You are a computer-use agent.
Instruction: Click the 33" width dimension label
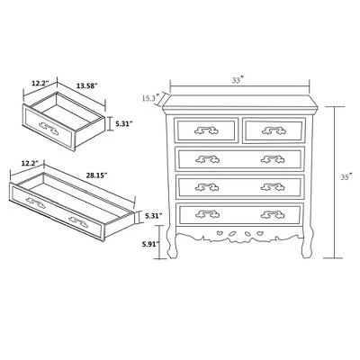[238, 80]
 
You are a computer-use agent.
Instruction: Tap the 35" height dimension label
[346, 177]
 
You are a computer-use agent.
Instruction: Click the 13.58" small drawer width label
[87, 86]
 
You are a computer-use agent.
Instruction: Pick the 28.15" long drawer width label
[97, 175]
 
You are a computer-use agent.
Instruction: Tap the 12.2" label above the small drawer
[40, 84]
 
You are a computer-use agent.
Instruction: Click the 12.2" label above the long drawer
[31, 164]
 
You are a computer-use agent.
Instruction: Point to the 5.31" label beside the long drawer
[154, 215]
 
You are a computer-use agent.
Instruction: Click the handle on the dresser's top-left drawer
[206, 130]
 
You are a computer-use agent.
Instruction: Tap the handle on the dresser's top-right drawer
[274, 130]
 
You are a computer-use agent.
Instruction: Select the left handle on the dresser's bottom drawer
[207, 214]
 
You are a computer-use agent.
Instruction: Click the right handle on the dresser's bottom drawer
[273, 214]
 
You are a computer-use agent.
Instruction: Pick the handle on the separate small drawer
[49, 129]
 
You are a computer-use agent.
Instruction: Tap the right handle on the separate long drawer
[78, 222]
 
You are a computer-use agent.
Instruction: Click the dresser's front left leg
[172, 245]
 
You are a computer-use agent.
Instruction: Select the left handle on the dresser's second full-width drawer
[207, 187]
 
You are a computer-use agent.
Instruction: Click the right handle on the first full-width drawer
[273, 159]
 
